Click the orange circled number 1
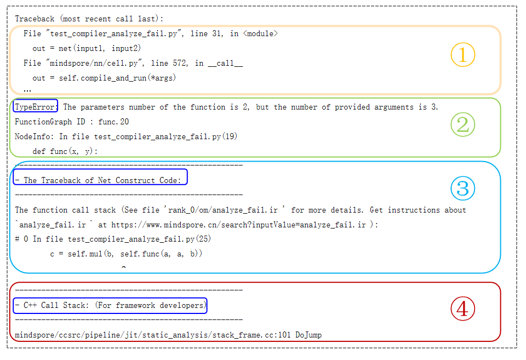[462, 55]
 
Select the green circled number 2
[462, 124]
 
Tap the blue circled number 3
[462, 188]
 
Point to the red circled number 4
[462, 308]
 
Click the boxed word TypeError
[35, 107]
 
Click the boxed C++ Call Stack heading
[110, 305]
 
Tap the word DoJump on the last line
[308, 335]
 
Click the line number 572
[180, 63]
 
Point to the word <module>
[260, 33]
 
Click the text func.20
[113, 122]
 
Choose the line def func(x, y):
[65, 151]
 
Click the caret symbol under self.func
[124, 267]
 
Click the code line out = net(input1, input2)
[87, 48]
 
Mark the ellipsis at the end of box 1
[27, 90]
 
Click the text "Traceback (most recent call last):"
[89, 19]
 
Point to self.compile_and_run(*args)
[117, 78]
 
